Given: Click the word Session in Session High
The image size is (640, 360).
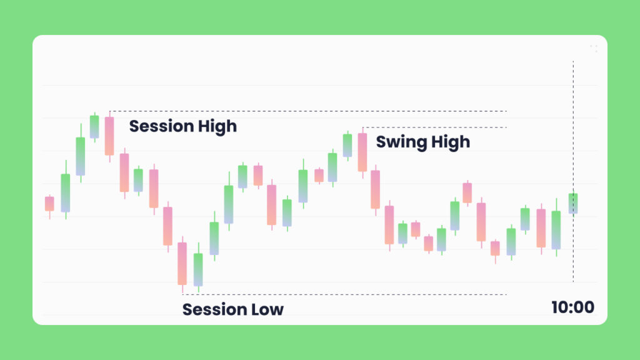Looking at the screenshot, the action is (162, 126).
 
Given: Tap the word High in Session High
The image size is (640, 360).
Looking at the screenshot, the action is (217, 127).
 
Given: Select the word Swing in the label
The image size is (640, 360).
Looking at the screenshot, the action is (401, 142).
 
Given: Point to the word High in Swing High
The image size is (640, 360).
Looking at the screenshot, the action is (451, 142).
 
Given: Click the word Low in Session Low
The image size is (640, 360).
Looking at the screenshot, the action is (267, 309).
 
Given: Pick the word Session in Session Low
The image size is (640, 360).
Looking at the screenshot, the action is (215, 309).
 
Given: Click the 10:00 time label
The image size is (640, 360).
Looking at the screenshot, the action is (572, 307).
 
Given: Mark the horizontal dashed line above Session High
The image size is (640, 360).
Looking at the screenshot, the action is (308, 111).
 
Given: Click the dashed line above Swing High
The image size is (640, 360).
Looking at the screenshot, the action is (435, 127).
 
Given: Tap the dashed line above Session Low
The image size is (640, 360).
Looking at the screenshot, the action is (344, 294).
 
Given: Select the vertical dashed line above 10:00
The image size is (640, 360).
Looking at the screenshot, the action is (573, 171).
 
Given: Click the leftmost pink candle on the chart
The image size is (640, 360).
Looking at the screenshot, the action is (49, 204).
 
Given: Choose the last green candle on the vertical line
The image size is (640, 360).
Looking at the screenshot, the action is (573, 203).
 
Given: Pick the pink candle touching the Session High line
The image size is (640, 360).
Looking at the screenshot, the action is (109, 136).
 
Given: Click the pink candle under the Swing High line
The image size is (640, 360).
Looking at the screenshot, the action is (362, 152).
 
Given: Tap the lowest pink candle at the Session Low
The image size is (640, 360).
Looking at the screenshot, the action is (182, 264).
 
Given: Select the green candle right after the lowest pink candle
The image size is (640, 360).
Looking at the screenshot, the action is (198, 270).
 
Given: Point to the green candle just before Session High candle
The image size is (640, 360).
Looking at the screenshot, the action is (94, 127).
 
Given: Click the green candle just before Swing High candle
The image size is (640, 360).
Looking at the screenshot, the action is (347, 145).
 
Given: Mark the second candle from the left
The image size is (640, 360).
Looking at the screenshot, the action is (65, 193).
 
